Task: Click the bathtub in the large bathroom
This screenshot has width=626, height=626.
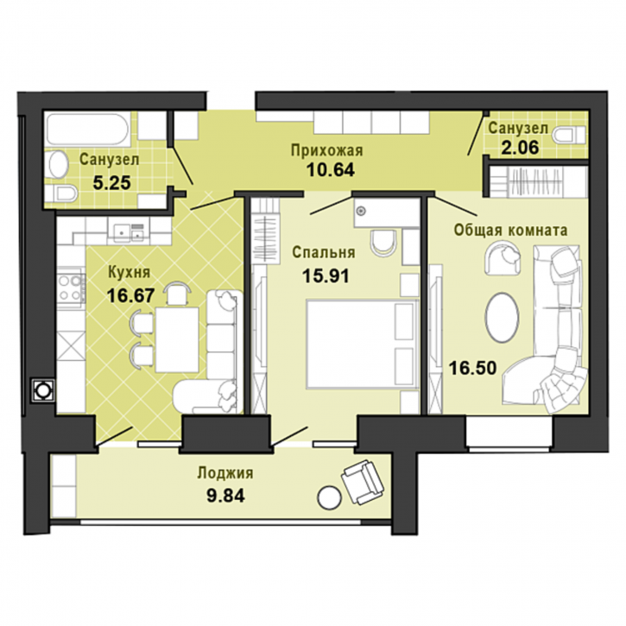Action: (x=87, y=130)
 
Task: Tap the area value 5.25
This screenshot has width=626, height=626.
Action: (x=111, y=183)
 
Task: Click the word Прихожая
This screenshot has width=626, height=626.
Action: (x=326, y=150)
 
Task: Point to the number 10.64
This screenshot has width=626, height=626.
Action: (x=331, y=170)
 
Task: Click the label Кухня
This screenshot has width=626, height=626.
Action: (x=130, y=273)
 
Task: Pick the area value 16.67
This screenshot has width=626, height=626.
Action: (x=130, y=296)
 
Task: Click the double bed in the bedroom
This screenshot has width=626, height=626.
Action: (x=362, y=345)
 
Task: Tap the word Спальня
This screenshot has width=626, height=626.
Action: (x=324, y=253)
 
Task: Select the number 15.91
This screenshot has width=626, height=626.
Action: (x=326, y=275)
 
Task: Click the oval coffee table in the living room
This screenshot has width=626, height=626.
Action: (x=503, y=317)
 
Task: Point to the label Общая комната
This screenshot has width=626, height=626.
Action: (x=510, y=230)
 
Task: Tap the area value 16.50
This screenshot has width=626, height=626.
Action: (x=472, y=368)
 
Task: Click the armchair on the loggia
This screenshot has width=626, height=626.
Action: (x=362, y=482)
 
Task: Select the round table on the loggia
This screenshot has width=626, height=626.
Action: (x=329, y=497)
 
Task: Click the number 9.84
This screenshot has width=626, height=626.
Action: (x=225, y=496)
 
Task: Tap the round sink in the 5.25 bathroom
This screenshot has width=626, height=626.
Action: (x=59, y=165)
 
